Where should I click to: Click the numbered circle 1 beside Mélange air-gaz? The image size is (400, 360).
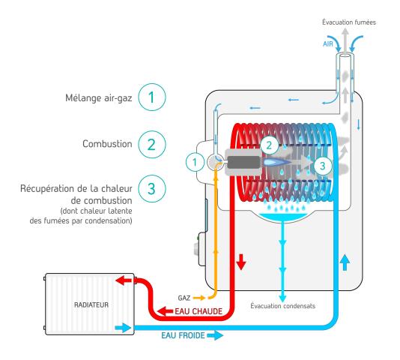pos(152,97)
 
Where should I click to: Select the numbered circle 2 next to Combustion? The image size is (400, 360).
pos(152,144)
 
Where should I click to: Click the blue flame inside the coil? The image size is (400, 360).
pos(277,161)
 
